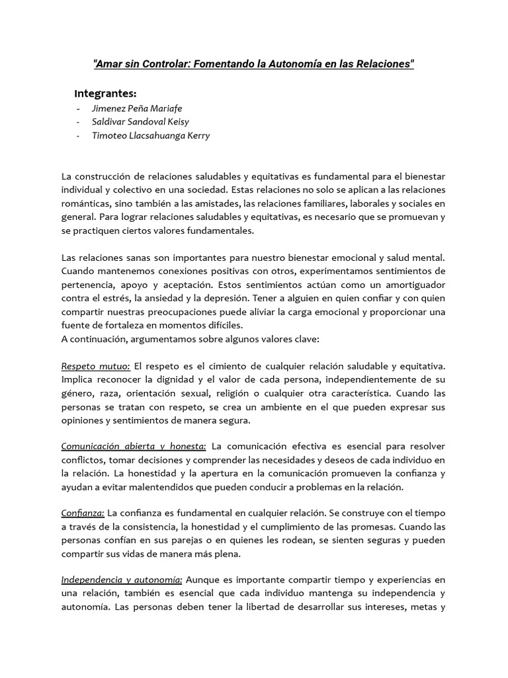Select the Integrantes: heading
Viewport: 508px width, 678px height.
coord(106,93)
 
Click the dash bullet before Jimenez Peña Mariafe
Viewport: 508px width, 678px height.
coord(79,108)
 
